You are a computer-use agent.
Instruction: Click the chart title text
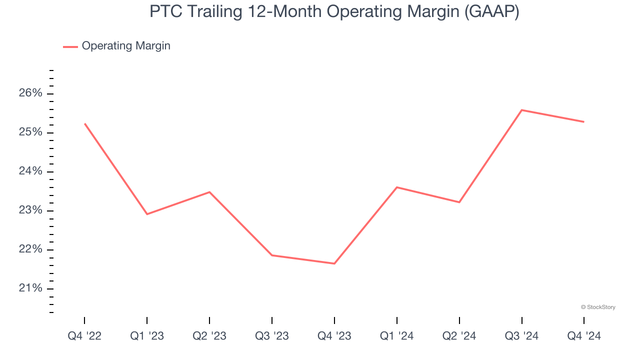[x=334, y=12]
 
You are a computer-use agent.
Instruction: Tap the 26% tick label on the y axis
[x=31, y=93]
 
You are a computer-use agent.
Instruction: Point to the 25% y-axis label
[x=31, y=132]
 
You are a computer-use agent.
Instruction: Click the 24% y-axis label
[x=31, y=171]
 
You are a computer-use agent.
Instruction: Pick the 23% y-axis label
[x=31, y=210]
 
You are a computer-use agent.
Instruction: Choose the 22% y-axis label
[x=31, y=249]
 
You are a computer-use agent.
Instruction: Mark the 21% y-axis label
[x=31, y=288]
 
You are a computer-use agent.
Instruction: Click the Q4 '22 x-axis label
[x=84, y=336]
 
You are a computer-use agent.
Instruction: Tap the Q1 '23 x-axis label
[x=147, y=336]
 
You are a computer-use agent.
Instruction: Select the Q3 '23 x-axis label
[x=272, y=336]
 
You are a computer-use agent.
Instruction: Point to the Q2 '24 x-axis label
[x=459, y=336]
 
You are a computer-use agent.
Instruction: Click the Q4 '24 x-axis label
[x=584, y=336]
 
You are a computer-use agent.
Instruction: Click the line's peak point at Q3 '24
[x=521, y=110]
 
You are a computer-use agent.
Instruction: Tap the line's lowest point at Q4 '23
[x=334, y=263]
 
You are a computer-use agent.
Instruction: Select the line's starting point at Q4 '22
[x=84, y=123]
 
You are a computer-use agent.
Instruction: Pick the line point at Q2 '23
[x=209, y=192]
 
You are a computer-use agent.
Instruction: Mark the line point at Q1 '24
[x=396, y=187]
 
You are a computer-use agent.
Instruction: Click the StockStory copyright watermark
[x=598, y=307]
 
